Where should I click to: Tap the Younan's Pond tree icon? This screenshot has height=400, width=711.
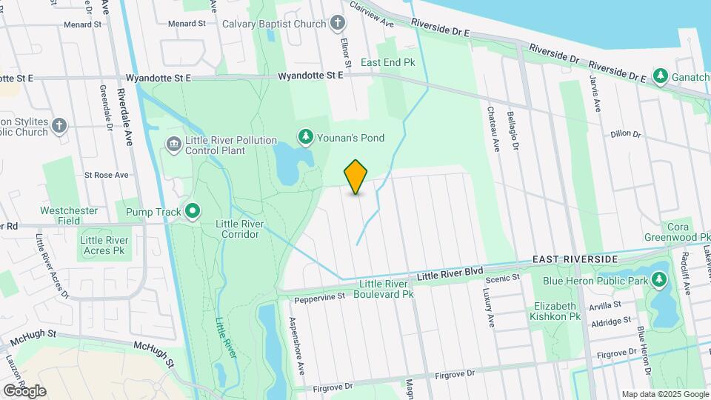point(304,137)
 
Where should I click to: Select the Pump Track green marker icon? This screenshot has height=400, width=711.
point(193,213)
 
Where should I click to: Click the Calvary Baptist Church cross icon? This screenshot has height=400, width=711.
point(338,23)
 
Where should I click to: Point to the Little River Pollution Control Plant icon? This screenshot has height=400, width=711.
point(173,143)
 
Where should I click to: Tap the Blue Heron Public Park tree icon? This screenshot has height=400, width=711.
point(657,280)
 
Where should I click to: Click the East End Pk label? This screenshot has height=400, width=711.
point(387,63)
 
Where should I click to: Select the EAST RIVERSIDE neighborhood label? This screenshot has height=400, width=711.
point(575,259)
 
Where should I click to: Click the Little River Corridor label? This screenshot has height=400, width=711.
point(237,229)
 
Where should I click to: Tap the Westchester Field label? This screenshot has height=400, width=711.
point(69,216)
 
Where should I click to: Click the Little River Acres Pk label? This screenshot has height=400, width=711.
point(104,245)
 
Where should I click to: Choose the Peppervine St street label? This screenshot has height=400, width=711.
point(320,298)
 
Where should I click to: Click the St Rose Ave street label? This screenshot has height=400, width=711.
point(106,176)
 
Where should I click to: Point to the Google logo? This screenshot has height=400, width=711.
point(24,390)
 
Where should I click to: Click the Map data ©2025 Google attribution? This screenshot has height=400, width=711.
point(664,394)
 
